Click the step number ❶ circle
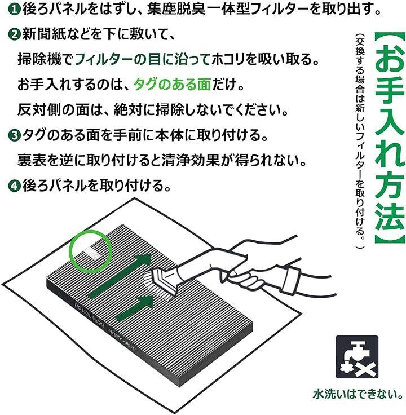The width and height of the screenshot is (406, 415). pos(14,10)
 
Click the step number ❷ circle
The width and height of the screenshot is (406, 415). pos(14,34)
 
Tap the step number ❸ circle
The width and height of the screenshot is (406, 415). pos(14,135)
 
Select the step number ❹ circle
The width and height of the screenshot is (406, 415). pos(14,186)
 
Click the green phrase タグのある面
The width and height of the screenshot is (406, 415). pos(173,85)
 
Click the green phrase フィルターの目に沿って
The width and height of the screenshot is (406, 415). pos(143,59)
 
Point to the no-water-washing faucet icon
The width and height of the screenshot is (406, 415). pos(357,357)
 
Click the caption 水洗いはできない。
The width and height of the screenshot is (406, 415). pos(358,394)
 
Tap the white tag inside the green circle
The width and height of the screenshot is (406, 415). pos(91,251)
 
